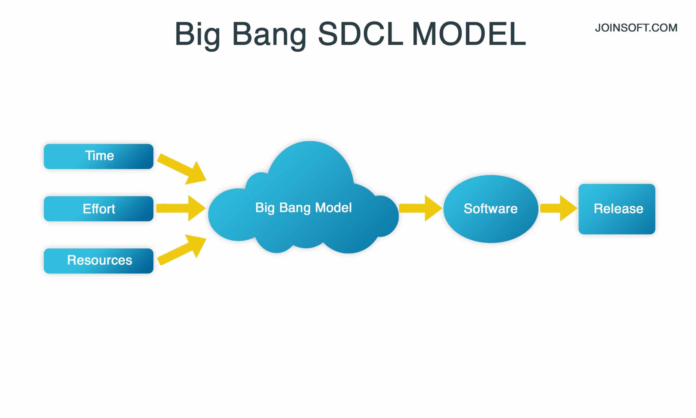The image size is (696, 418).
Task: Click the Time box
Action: click(x=98, y=156)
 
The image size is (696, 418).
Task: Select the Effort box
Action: click(x=98, y=209)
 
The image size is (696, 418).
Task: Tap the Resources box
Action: click(x=98, y=261)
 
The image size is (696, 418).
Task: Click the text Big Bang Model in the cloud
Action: click(x=303, y=208)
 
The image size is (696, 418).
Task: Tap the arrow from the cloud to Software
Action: click(x=420, y=208)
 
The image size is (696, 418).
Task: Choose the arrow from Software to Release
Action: click(x=558, y=208)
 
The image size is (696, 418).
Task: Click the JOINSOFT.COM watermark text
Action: click(x=636, y=28)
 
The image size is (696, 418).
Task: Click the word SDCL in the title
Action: click(x=361, y=34)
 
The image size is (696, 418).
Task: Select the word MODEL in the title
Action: click(x=468, y=34)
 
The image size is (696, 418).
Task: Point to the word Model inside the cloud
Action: click(x=333, y=208)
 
